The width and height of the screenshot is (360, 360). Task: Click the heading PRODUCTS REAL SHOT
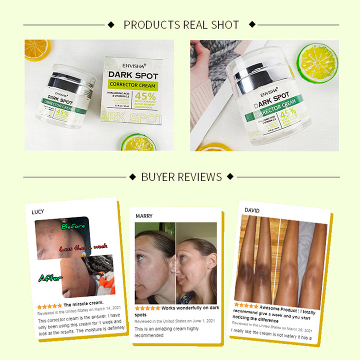[181, 24]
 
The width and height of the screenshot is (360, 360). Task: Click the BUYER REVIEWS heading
[181, 176]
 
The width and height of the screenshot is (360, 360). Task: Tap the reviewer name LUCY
[38, 211]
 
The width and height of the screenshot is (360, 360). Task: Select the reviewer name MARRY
[144, 216]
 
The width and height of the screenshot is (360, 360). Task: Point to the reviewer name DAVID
[252, 210]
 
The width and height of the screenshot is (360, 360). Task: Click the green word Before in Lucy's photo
[73, 226]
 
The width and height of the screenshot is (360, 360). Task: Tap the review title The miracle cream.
[83, 303]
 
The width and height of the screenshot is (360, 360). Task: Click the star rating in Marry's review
[147, 308]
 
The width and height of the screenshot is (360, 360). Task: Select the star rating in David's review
[246, 305]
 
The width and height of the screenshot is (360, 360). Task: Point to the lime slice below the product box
[138, 142]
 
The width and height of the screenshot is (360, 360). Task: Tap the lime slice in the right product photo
[317, 63]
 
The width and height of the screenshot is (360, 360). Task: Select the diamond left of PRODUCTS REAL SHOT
[111, 24]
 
